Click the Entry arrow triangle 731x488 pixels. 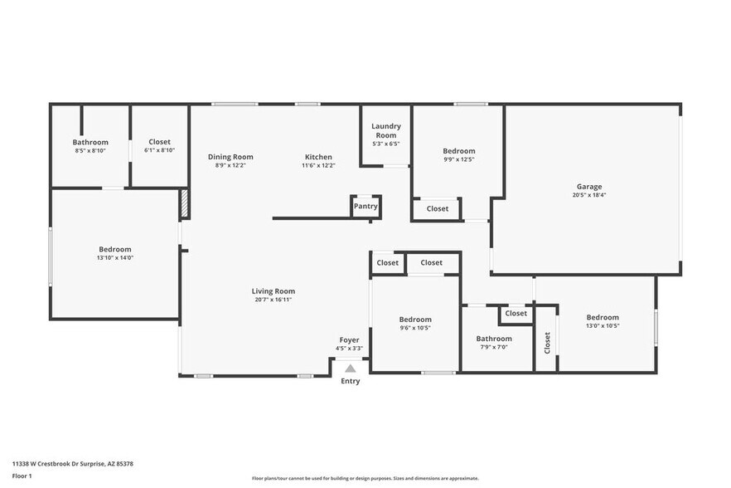click(x=351, y=368)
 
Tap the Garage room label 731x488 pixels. click(x=589, y=187)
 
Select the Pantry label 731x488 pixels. click(x=365, y=206)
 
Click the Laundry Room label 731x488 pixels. click(x=385, y=130)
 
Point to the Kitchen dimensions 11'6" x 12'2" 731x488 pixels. click(x=318, y=165)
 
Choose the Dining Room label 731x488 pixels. click(x=230, y=157)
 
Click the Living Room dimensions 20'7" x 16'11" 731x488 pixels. click(x=274, y=299)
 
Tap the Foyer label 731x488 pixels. click(x=349, y=340)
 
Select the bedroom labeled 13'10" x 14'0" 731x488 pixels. click(x=115, y=249)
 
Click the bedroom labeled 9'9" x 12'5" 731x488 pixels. click(x=459, y=151)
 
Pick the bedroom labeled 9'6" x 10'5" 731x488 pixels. click(x=415, y=320)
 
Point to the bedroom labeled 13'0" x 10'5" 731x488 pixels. click(x=603, y=317)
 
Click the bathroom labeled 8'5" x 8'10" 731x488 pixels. click(x=90, y=142)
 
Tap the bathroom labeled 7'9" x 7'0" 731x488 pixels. click(x=494, y=339)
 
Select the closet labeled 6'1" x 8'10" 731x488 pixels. click(x=159, y=142)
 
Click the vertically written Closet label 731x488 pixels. click(x=547, y=342)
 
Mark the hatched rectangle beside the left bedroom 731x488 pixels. click(x=184, y=204)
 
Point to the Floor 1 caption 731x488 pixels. click(x=22, y=476)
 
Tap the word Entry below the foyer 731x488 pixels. click(x=351, y=382)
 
